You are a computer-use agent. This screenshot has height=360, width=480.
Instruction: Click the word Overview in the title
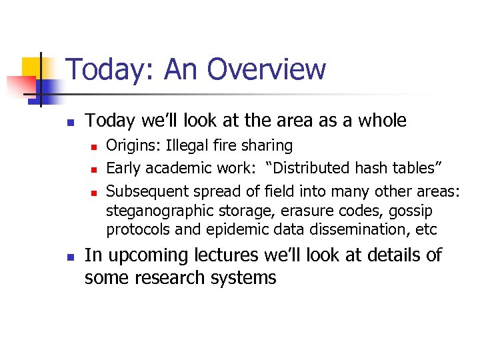tap(267, 69)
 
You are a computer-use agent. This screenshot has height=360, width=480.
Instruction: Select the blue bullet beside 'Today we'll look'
tap(69, 122)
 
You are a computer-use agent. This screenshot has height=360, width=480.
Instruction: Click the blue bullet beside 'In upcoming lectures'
tap(69, 257)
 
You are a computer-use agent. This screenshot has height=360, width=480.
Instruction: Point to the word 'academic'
tap(175, 169)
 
